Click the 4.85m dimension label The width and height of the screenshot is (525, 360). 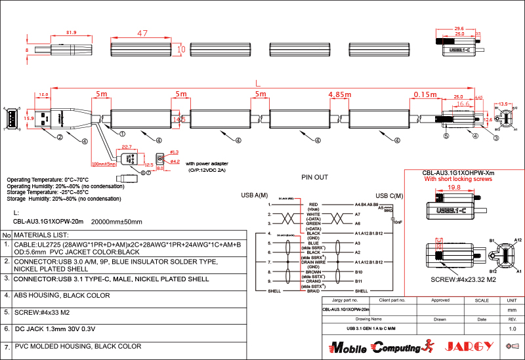pos(339,95)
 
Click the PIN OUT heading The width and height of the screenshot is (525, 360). pos(314,177)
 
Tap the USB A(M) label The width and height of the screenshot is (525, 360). pos(255,195)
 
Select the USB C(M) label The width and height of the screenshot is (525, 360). pos(389,195)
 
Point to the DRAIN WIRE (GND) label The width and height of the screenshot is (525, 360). pos(313,264)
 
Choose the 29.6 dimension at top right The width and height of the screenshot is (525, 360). pos(459,29)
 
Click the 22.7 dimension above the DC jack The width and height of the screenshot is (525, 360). pos(127,147)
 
